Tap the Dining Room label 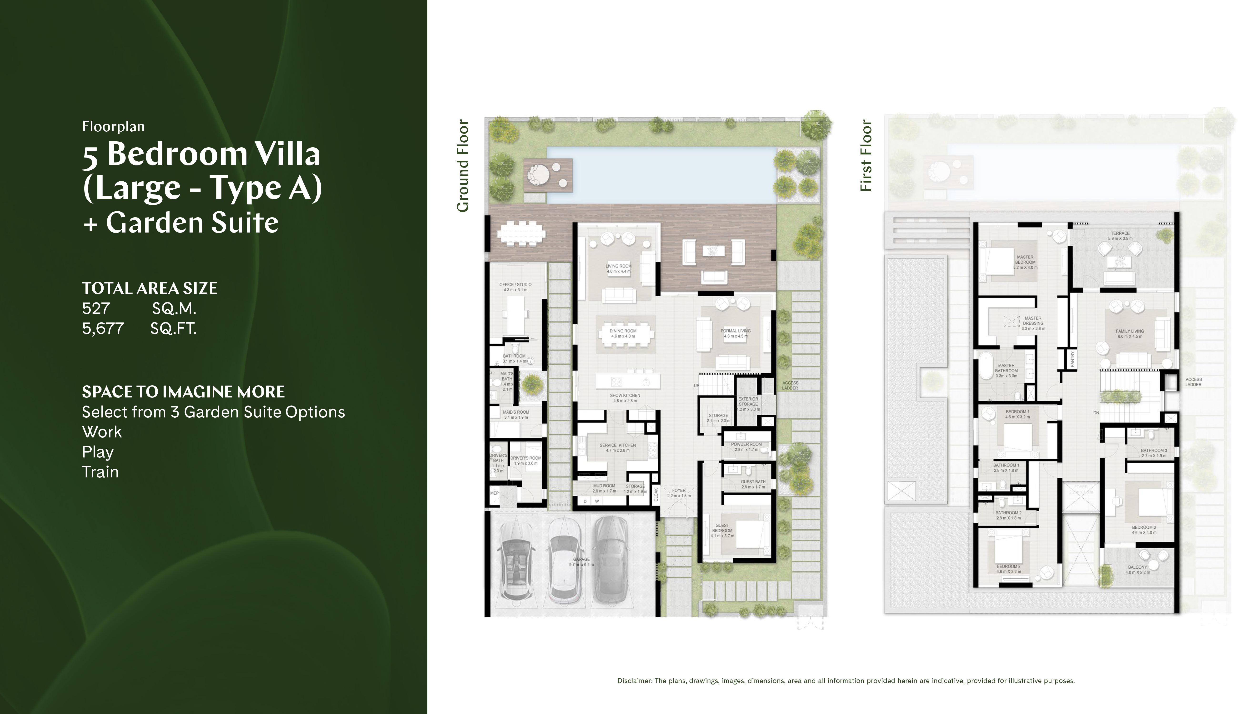[623, 331]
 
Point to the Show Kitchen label [625, 395]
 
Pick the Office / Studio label [515, 284]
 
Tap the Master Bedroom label [1025, 259]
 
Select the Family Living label [1130, 332]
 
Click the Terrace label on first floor [1120, 233]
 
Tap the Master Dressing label [1033, 321]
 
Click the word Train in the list [100, 472]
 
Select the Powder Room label [746, 444]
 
